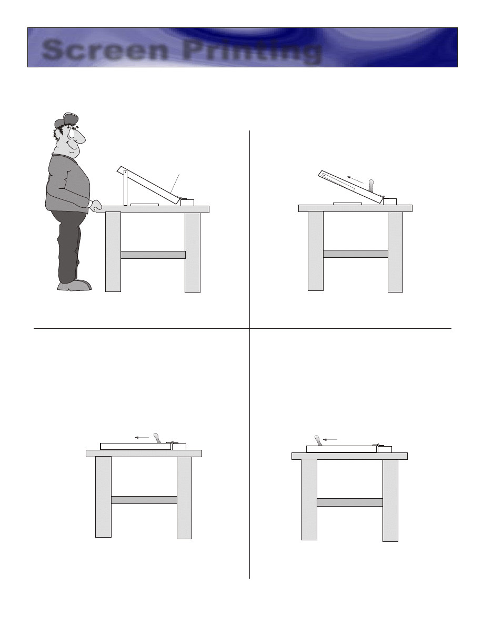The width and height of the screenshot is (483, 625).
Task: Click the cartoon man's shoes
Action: point(75,285)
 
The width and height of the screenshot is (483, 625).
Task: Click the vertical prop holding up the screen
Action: point(125,188)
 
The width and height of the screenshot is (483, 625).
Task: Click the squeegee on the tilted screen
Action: point(372,186)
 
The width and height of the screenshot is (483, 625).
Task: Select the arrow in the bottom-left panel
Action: point(142,437)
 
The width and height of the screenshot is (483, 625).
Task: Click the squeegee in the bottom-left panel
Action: point(157,438)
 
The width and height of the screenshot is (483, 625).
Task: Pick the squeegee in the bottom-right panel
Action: point(318,440)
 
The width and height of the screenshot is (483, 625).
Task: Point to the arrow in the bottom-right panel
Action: point(330,440)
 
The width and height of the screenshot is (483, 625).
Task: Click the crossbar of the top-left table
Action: point(153,255)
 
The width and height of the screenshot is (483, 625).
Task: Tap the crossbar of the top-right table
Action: point(356,254)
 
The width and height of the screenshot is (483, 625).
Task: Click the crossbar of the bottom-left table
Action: point(144,500)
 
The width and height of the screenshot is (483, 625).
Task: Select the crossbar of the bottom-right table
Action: point(350,502)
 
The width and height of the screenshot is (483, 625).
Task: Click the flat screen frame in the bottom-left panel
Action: point(136,447)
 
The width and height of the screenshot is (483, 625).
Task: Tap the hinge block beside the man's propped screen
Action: point(187,202)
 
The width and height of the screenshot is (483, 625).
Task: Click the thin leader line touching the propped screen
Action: point(175,184)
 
